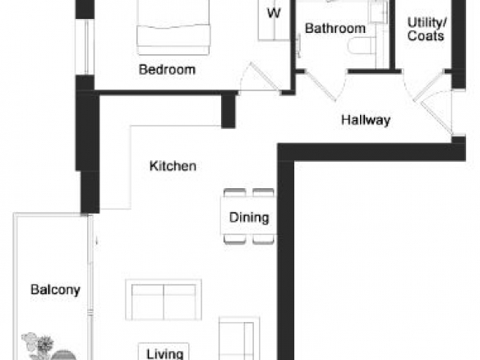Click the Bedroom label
[167, 70]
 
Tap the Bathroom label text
[335, 29]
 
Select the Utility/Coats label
[427, 30]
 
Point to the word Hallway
[366, 120]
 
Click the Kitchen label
[173, 166]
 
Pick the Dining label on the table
[249, 218]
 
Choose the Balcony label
[55, 289]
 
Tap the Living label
[164, 354]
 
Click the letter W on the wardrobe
[274, 13]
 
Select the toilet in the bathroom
[362, 47]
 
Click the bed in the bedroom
[173, 28]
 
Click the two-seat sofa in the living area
[164, 300]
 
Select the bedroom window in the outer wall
[85, 47]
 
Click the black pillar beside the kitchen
[228, 111]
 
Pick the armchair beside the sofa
[239, 339]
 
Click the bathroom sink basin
[378, 12]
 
